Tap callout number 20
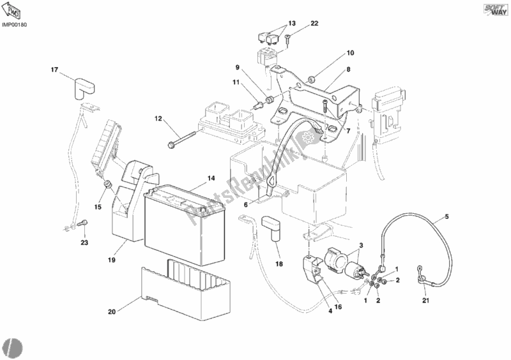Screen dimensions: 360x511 (112, 312)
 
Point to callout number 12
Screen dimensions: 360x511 (158, 119)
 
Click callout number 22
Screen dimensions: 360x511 (314, 24)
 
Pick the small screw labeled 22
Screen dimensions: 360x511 (289, 40)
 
